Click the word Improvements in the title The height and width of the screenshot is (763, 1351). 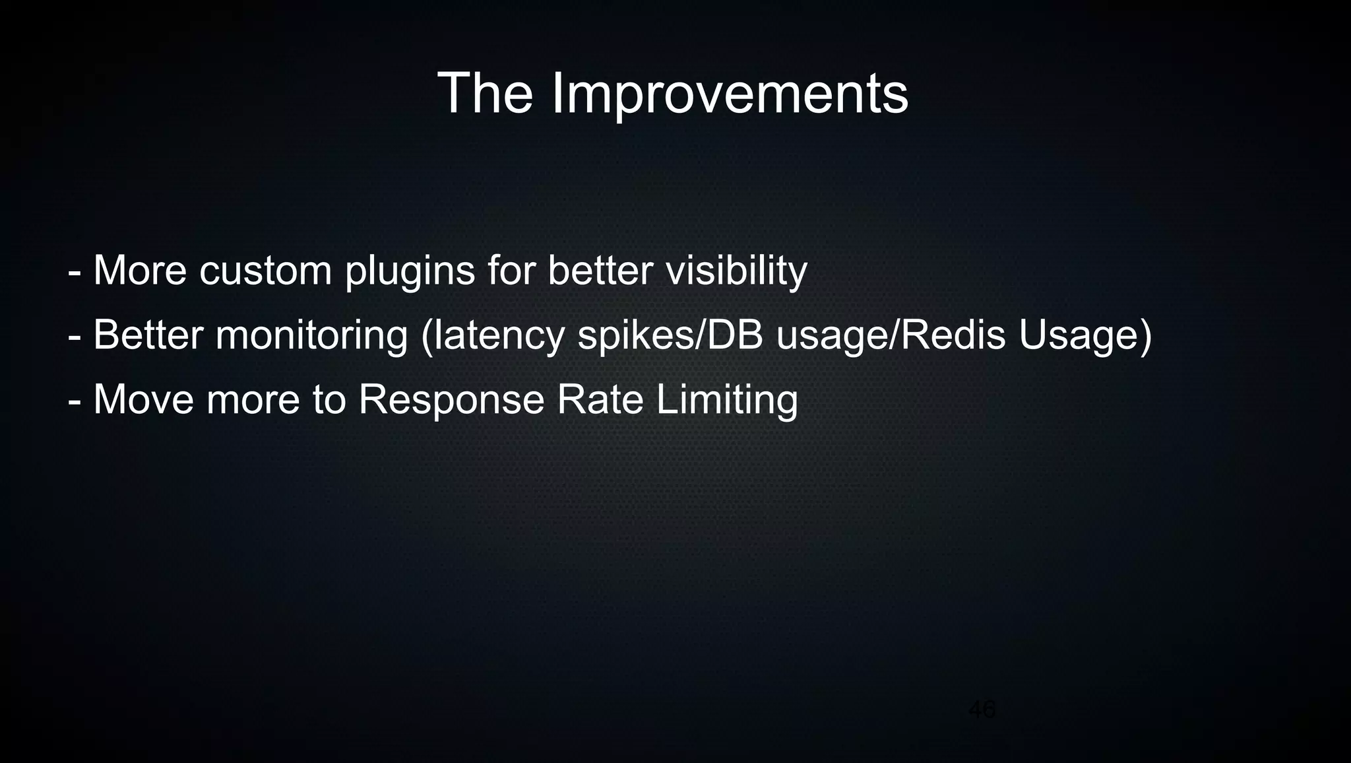730,94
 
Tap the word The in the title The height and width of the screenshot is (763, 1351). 485,94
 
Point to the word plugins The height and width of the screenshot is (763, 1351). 410,271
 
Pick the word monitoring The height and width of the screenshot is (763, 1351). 311,335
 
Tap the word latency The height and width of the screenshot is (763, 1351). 499,335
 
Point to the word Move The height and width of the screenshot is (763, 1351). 144,399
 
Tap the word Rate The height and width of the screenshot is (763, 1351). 600,399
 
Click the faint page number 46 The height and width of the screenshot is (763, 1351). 982,710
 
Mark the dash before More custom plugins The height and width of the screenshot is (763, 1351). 75,272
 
